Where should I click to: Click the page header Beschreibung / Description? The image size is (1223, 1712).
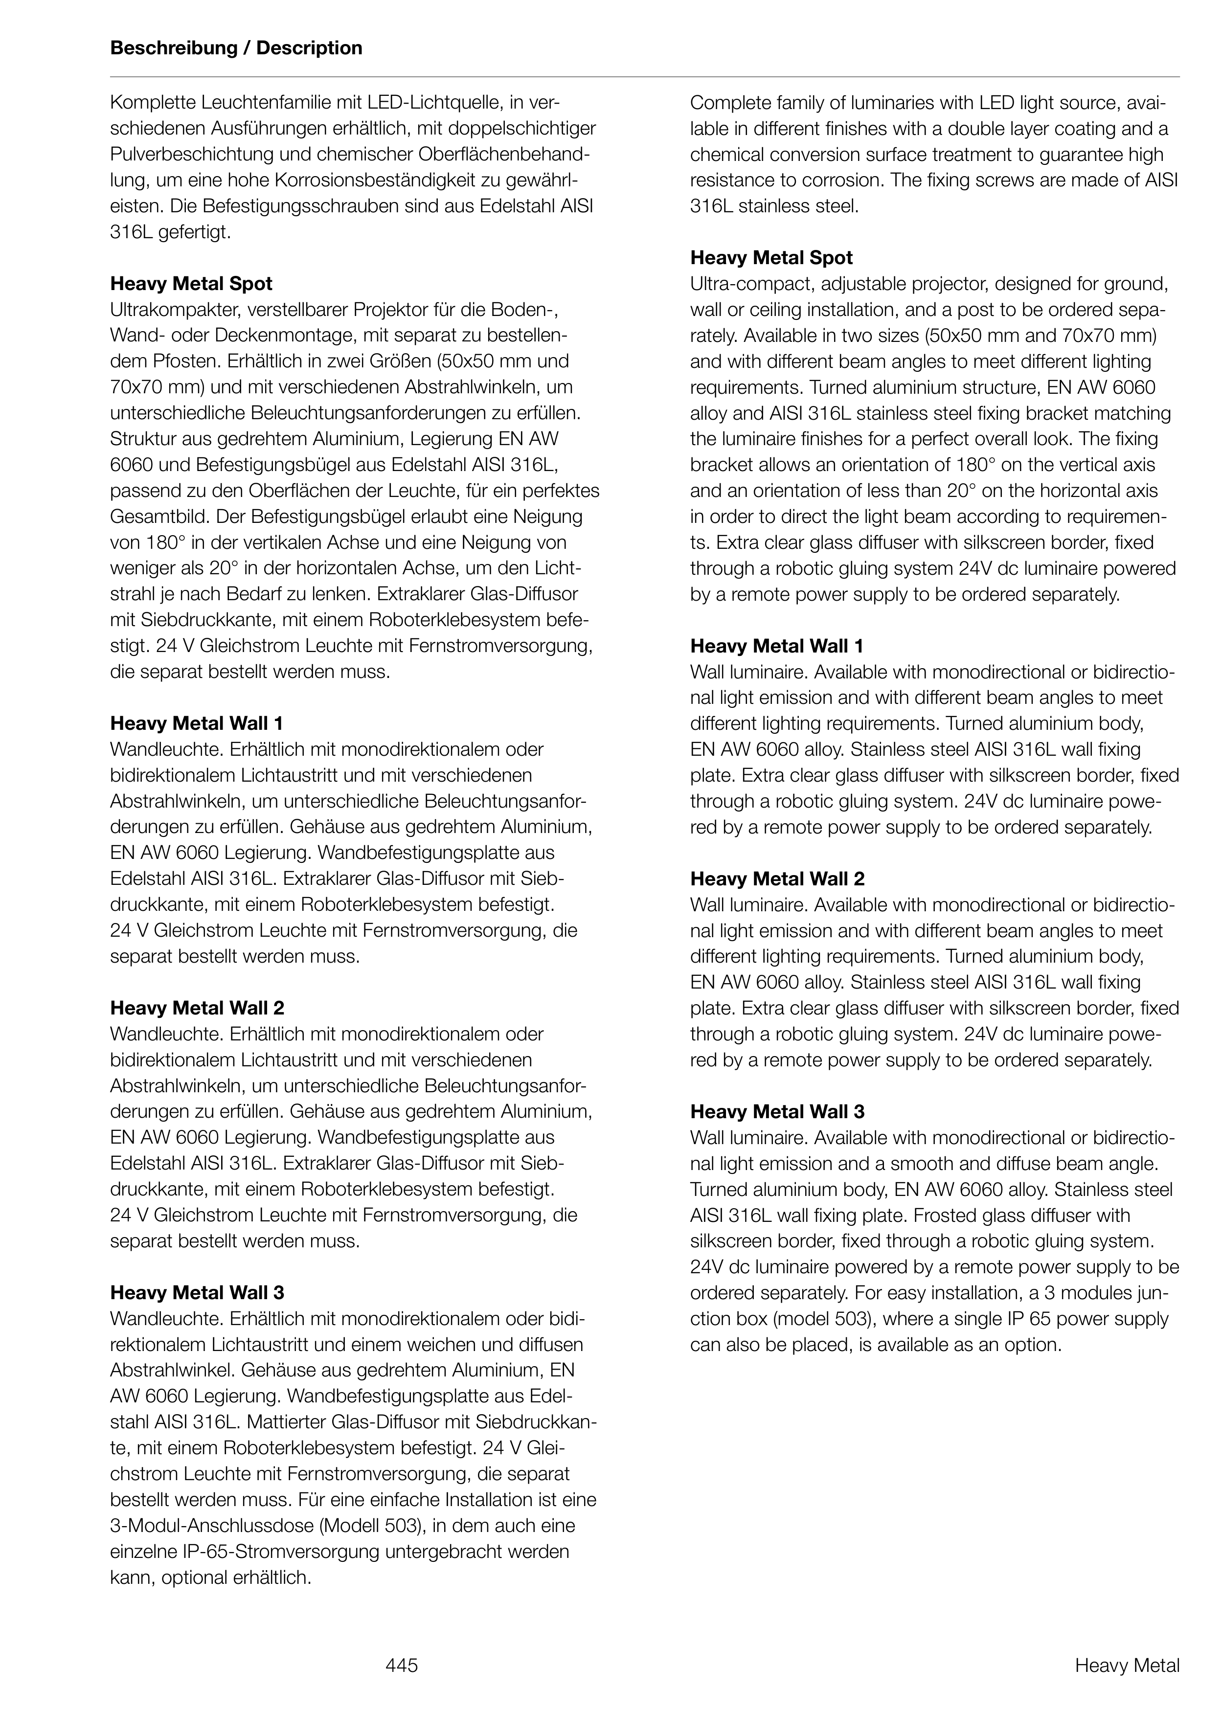236,48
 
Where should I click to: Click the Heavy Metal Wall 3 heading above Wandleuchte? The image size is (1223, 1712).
197,1293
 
